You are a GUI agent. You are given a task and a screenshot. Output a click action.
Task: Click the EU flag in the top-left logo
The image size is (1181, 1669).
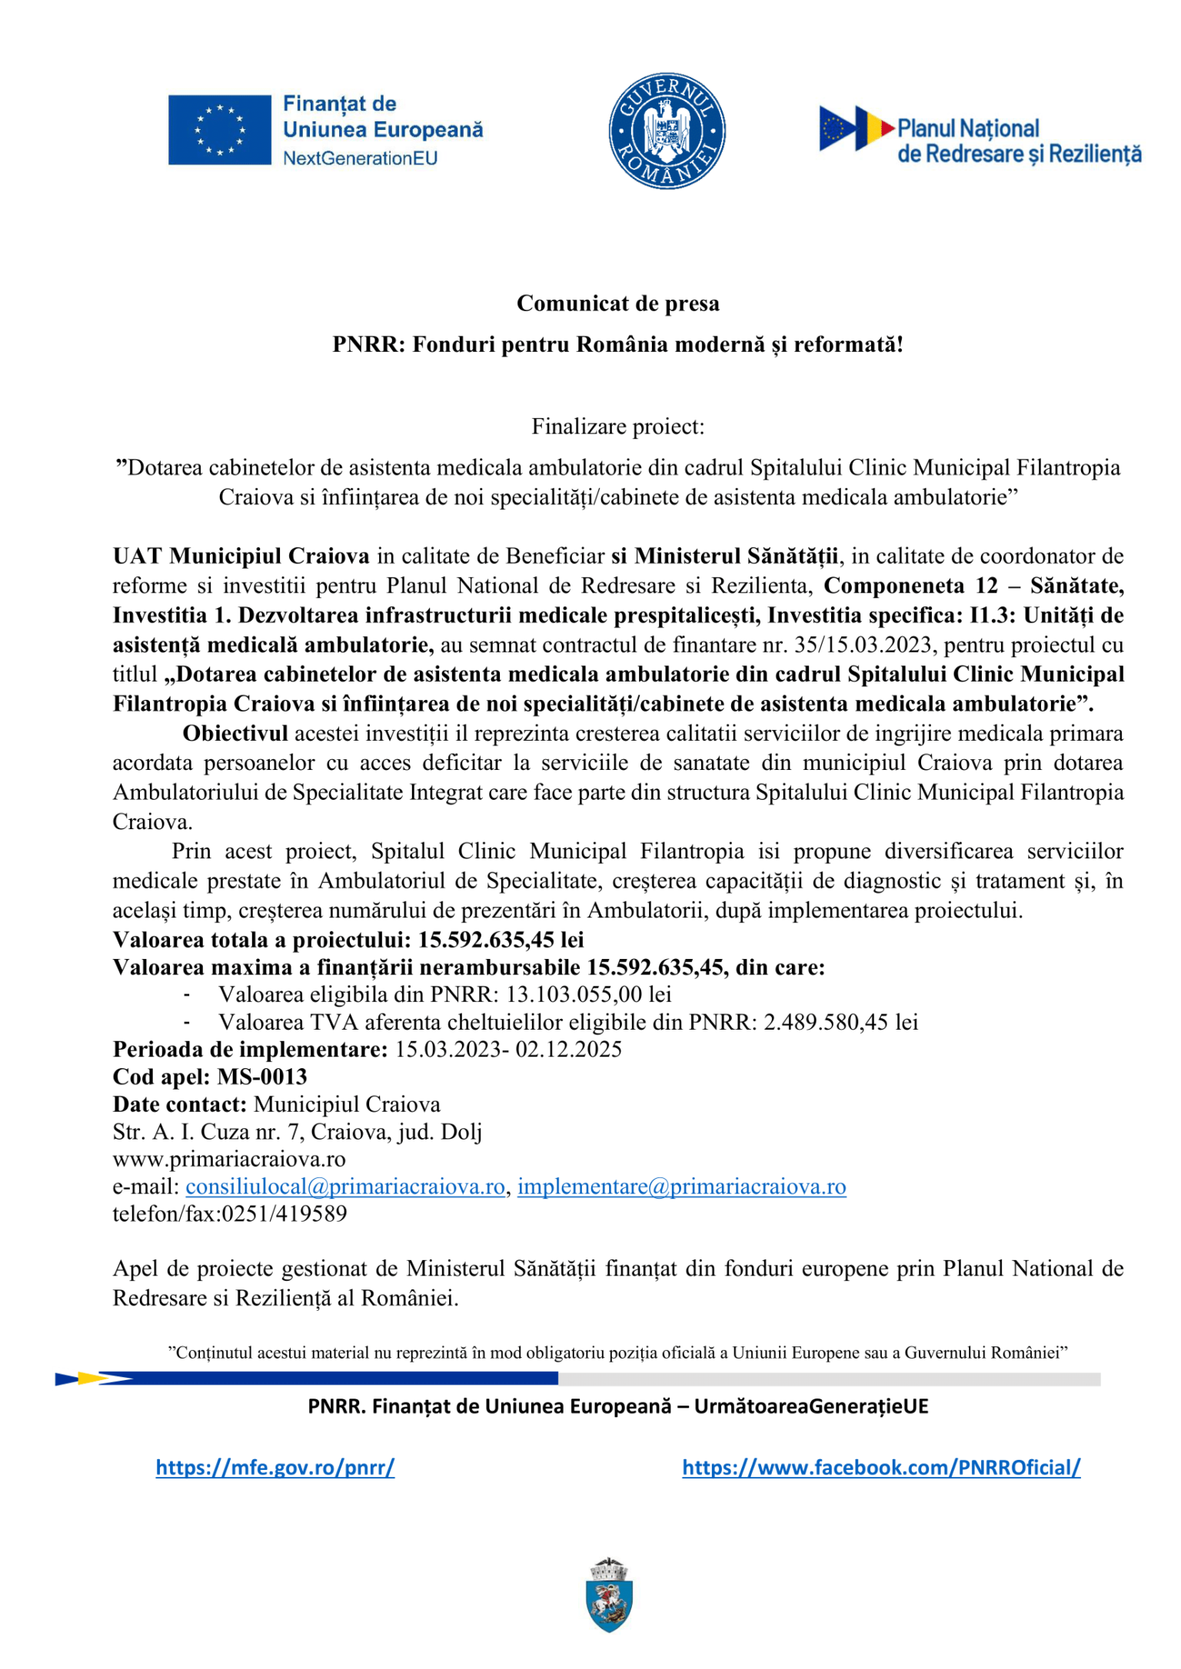click(x=220, y=130)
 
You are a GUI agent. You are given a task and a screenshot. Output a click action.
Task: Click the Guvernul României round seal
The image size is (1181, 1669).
click(x=667, y=131)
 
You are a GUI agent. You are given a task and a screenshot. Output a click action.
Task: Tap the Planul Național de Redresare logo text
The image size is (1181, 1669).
click(x=1018, y=141)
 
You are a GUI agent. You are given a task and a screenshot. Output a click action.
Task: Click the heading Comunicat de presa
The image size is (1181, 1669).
click(x=617, y=304)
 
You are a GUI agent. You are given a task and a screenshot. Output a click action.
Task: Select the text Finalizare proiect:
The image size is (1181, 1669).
click(x=617, y=426)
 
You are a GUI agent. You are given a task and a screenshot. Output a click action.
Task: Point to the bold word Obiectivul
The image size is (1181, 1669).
click(x=235, y=734)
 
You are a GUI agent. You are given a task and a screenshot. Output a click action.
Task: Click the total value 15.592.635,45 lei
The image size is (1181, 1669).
click(x=501, y=940)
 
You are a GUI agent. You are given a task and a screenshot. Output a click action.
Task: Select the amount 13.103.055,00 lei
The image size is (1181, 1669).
click(x=588, y=995)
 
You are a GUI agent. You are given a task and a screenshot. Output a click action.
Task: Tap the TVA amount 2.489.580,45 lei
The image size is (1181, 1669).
click(x=840, y=1023)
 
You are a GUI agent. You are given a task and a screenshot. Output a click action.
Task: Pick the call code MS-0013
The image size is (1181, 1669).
click(x=262, y=1077)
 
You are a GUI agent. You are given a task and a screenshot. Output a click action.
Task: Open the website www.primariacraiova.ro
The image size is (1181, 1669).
click(x=229, y=1160)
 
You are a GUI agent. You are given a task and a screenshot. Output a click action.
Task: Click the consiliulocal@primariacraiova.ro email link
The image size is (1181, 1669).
click(x=345, y=1187)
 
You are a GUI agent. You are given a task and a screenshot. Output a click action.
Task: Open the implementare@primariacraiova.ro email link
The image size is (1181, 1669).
click(x=681, y=1187)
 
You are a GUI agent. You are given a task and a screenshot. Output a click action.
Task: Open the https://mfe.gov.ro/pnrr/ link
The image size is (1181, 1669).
click(x=275, y=1468)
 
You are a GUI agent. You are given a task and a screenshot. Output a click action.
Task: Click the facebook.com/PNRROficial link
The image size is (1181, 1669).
click(x=881, y=1468)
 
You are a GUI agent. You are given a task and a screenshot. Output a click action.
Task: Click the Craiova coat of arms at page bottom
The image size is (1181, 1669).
click(x=609, y=1594)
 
